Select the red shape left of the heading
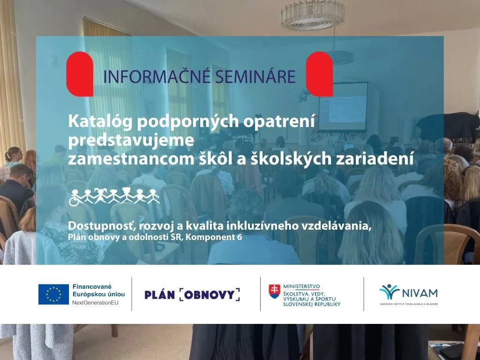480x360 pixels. pos(80,74)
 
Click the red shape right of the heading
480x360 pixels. pos(319,74)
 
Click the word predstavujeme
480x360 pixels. pos(131,140)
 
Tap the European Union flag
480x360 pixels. pos(53,294)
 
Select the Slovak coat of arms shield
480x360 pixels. pos(273,291)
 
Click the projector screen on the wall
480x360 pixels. pos(343,106)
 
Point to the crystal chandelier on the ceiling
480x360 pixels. pos(307,15)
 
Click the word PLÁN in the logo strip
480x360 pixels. pos(159,294)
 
